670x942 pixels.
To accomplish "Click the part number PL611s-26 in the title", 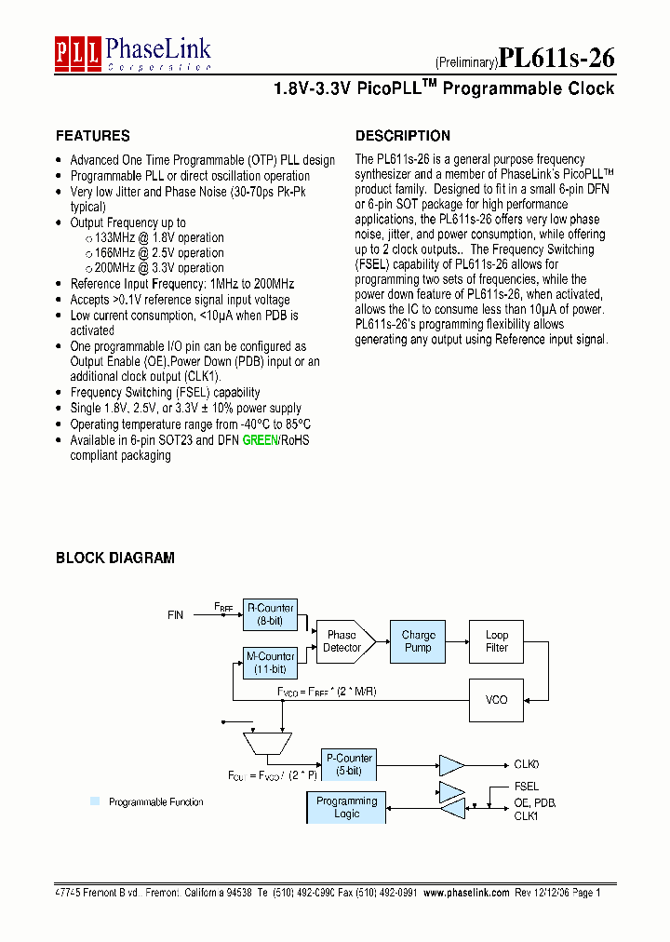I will pyautogui.click(x=556, y=58).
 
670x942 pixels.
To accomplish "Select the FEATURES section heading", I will pyautogui.click(x=92, y=136).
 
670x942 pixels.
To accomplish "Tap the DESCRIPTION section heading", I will pyautogui.click(x=402, y=136).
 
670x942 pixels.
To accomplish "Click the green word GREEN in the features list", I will pyautogui.click(x=260, y=440).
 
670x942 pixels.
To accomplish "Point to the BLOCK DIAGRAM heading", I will pyautogui.click(x=114, y=558).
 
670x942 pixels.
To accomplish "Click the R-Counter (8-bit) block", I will pyautogui.click(x=270, y=613).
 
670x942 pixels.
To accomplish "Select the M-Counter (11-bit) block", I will pyautogui.click(x=270, y=662).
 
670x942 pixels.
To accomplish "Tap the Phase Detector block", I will pyautogui.click(x=343, y=640).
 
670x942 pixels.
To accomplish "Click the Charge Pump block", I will pyautogui.click(x=418, y=640).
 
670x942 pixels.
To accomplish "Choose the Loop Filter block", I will pyautogui.click(x=497, y=640).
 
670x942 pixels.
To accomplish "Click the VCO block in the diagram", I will pyautogui.click(x=497, y=699).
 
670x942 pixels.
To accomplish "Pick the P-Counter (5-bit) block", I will pyautogui.click(x=347, y=764).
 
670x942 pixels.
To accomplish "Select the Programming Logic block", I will pyautogui.click(x=346, y=807).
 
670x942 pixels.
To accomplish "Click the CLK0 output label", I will pyautogui.click(x=527, y=764).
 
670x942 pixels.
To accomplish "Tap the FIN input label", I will pyautogui.click(x=176, y=615).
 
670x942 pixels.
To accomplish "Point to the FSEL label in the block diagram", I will pyautogui.click(x=526, y=787).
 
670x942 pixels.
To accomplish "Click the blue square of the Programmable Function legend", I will pyautogui.click(x=95, y=801).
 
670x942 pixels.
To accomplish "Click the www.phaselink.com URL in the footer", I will pyautogui.click(x=466, y=892).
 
